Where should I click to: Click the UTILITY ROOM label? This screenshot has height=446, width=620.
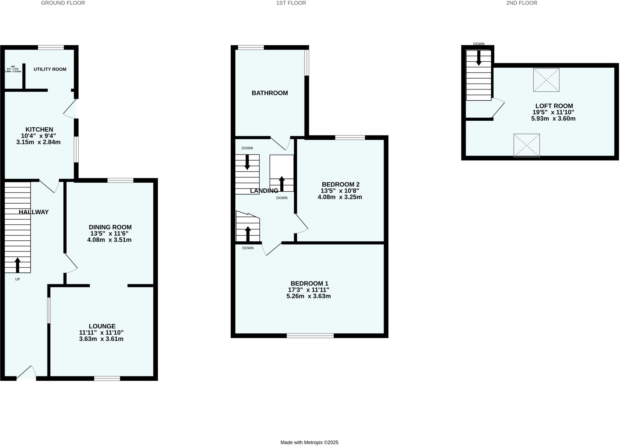coord(50,69)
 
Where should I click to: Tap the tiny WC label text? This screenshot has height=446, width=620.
coord(13,67)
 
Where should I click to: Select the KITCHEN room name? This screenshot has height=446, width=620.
coord(39,129)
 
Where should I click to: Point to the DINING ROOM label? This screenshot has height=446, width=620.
coord(110,227)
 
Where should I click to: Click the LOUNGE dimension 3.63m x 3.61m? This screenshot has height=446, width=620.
coord(101,339)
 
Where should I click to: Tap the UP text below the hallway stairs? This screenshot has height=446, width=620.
coord(18,279)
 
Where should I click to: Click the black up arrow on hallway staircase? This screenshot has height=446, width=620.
coord(18,265)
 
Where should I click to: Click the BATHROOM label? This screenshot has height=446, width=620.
coord(269,93)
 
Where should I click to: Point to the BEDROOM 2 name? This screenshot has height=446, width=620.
coord(340,184)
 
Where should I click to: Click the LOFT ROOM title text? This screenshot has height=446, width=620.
coord(554,106)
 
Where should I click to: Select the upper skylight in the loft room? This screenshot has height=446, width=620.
coord(546,80)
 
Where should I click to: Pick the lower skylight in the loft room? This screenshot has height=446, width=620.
coord(526,145)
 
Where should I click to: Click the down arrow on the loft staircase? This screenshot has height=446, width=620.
coord(479,57)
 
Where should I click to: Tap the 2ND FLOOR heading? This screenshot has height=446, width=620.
coord(521,3)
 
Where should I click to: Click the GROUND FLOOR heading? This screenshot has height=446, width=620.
coord(63,3)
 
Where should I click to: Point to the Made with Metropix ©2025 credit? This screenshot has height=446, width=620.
coord(309,442)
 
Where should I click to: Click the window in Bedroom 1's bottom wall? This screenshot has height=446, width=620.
coord(310,335)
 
